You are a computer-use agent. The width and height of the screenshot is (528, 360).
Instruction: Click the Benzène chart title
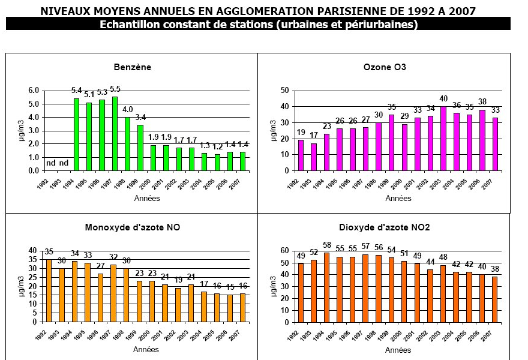(x=132, y=67)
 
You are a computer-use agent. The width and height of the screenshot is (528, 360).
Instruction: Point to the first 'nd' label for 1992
(x=51, y=162)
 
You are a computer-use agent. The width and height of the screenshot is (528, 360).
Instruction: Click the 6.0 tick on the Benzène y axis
(x=33, y=91)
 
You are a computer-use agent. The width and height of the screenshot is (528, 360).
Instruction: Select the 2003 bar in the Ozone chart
(x=443, y=139)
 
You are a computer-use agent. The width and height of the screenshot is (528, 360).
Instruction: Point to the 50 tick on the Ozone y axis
(x=286, y=91)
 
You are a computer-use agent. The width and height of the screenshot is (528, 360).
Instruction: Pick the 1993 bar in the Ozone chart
(x=313, y=157)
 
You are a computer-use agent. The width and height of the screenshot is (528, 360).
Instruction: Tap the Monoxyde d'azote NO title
(x=133, y=227)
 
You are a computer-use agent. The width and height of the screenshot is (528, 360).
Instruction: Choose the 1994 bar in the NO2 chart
(x=326, y=287)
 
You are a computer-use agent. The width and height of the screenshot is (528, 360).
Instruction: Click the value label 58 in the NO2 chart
(x=326, y=245)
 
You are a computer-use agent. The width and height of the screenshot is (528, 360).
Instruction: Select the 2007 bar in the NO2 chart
(x=494, y=299)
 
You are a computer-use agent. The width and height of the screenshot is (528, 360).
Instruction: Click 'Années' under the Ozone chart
(x=398, y=198)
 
